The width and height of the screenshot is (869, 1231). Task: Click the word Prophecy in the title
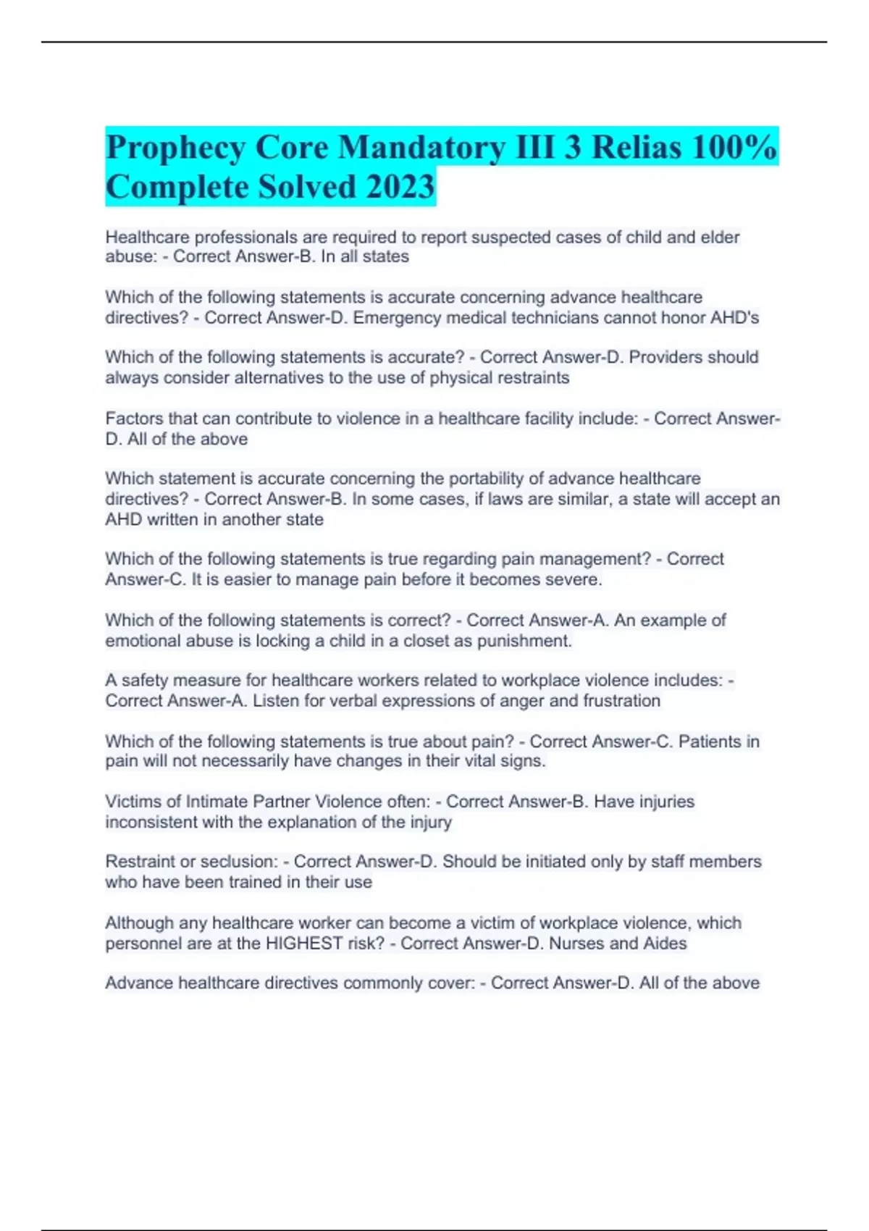point(175,148)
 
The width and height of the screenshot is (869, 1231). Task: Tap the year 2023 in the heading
point(400,187)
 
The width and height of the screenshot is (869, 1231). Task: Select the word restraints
point(535,378)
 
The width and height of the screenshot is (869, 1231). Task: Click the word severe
point(576,579)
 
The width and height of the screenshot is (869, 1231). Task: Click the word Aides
point(663,944)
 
